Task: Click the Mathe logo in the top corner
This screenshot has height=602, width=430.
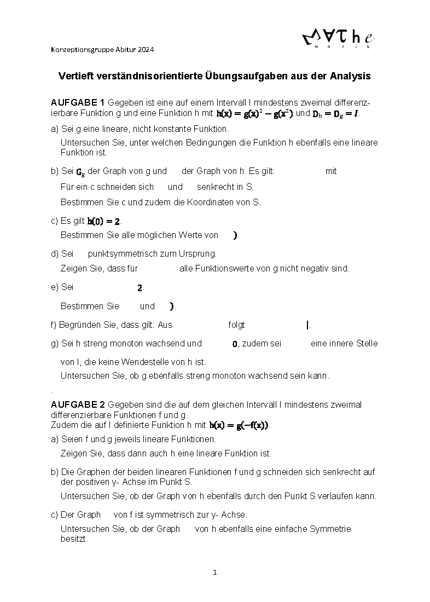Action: point(338,39)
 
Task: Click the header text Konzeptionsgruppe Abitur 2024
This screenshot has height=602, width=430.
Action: point(102,50)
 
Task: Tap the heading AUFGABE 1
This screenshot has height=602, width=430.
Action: point(78,103)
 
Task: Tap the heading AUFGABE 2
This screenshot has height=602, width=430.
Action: point(78,405)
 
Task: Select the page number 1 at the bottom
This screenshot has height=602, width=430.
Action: point(215,572)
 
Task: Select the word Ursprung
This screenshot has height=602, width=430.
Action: point(199,254)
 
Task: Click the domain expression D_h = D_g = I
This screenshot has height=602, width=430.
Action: point(336,113)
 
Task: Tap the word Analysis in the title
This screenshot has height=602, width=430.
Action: point(350,76)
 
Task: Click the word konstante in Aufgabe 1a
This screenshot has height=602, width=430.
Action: point(176,129)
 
